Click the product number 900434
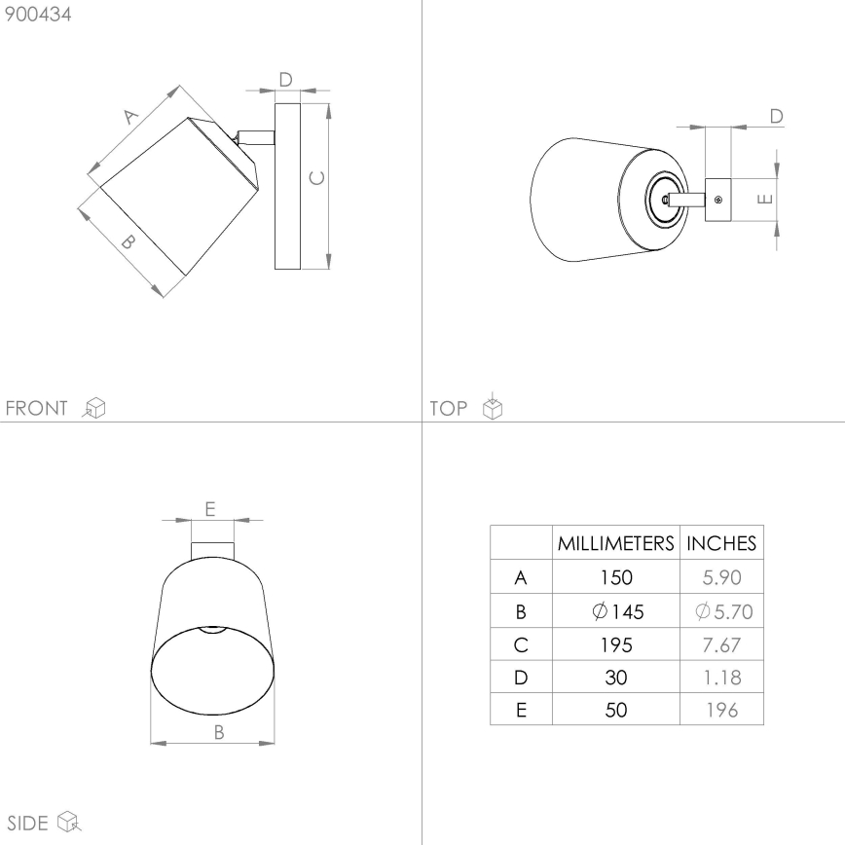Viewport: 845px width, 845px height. [37, 15]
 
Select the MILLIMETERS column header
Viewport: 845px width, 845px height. [615, 543]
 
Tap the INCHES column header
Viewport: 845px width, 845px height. [721, 543]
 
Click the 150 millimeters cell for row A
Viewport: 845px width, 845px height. [615, 578]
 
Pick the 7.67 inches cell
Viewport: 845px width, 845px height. [721, 644]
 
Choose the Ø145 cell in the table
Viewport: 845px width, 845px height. [615, 611]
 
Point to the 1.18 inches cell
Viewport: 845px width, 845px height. [721, 678]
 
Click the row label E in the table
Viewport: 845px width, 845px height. [521, 711]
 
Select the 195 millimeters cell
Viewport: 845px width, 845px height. [615, 644]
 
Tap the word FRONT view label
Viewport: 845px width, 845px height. [37, 408]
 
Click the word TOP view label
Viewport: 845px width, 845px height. [449, 408]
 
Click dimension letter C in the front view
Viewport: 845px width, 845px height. [315, 177]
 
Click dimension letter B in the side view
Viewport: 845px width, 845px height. [219, 732]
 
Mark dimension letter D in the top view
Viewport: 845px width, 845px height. [776, 116]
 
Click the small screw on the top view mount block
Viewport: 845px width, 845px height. [717, 200]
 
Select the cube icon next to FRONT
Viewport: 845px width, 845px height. [94, 408]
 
